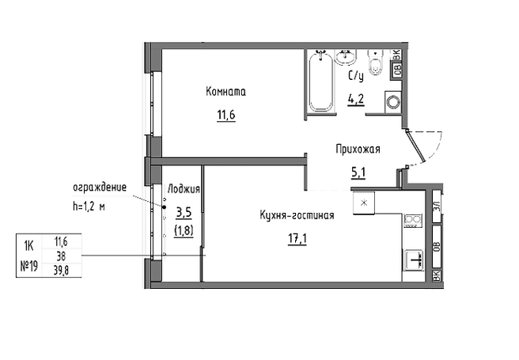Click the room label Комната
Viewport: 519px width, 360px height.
225,91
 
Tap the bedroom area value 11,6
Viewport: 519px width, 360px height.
226,115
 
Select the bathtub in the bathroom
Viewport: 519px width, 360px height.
321,82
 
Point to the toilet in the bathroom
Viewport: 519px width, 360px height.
376,62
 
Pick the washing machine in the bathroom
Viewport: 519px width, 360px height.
393,102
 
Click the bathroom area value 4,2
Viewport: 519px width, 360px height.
356,99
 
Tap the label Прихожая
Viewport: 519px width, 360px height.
358,150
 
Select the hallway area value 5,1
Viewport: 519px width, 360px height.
358,172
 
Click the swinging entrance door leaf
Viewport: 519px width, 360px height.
415,146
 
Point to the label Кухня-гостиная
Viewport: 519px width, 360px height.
297,215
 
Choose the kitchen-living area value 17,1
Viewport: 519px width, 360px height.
297,239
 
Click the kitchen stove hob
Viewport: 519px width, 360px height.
413,221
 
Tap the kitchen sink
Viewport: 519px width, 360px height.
414,260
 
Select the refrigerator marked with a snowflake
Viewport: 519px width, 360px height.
364,203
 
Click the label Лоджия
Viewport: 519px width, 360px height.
184,189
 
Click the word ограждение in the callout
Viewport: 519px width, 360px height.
100,188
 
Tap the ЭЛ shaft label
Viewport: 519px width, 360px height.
437,207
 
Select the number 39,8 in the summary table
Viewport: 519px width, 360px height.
61,271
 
